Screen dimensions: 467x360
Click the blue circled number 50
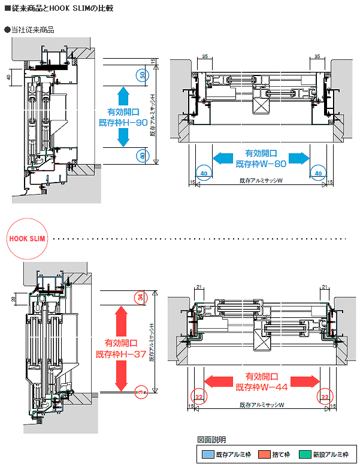tap(141, 75)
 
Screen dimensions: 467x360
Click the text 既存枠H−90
tap(123, 122)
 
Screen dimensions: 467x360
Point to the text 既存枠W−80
tap(261, 162)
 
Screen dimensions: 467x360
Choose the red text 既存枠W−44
tap(262, 387)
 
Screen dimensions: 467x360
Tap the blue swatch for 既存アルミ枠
tap(207, 454)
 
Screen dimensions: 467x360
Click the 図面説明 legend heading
tap(211, 440)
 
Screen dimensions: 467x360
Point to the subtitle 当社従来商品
tap(36, 29)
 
